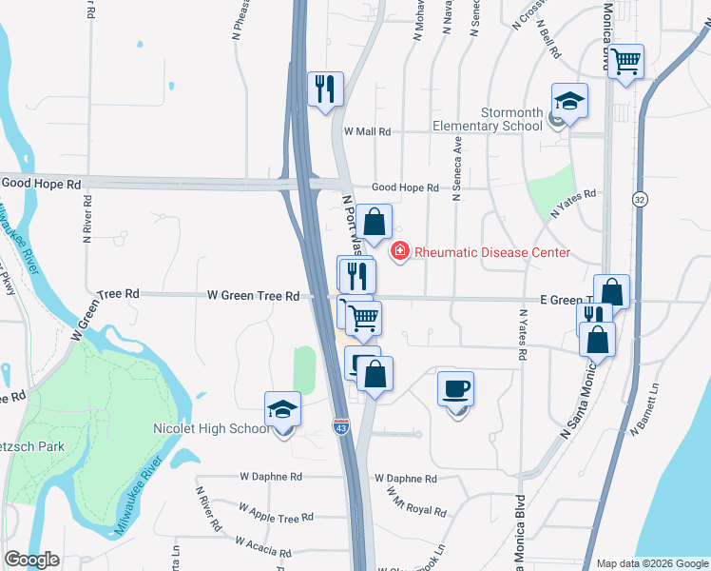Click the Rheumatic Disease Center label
491,252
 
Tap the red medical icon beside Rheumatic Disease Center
400,251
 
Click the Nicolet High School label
211,429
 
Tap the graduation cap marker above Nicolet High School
282,410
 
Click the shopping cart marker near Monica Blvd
626,63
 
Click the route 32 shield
640,198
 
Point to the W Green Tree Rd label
254,296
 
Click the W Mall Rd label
367,131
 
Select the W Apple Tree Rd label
276,517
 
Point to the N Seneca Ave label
457,168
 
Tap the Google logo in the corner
32,559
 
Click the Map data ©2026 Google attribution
651,563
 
